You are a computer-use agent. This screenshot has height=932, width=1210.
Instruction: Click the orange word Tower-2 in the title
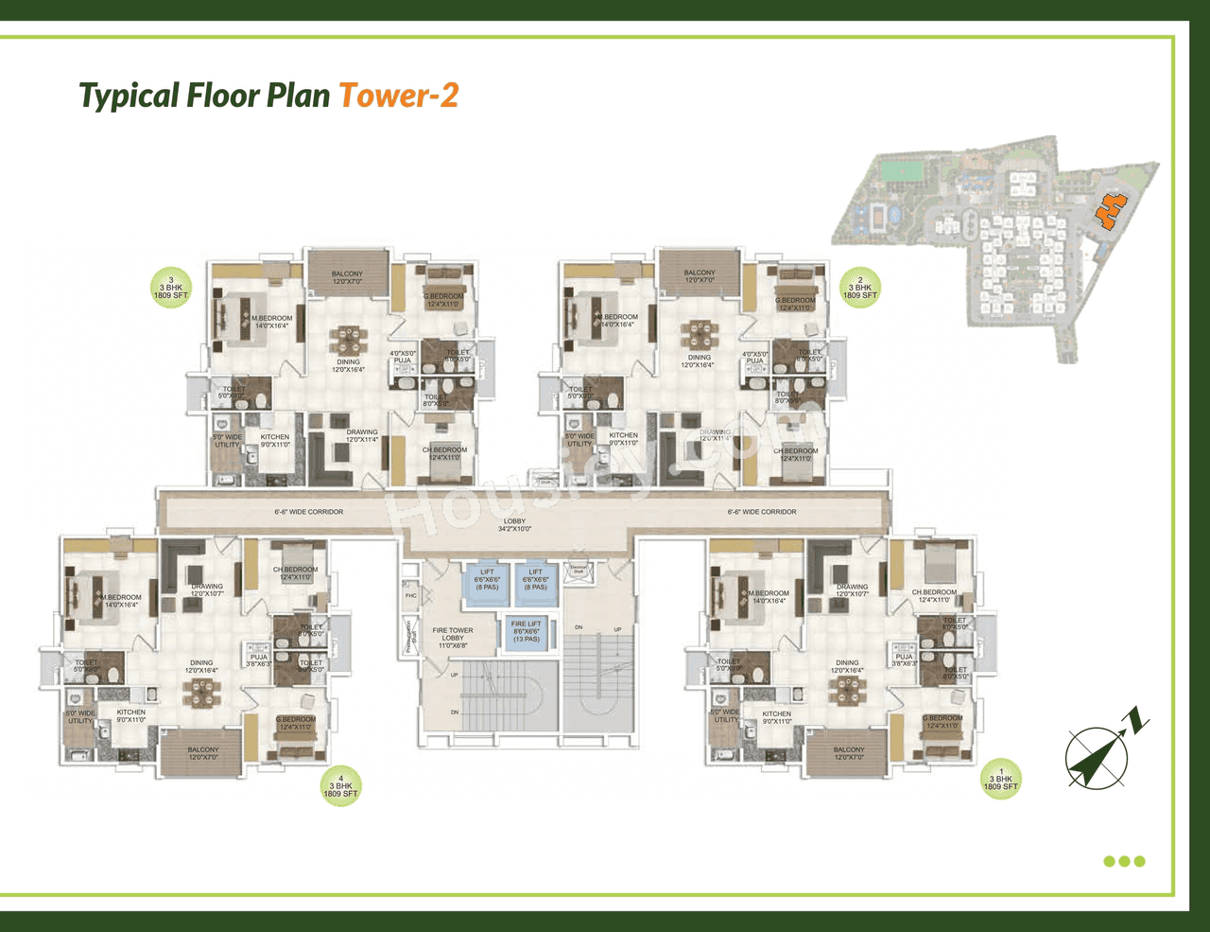pyautogui.click(x=398, y=96)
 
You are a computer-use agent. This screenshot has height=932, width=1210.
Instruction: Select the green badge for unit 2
pyautogui.click(x=859, y=288)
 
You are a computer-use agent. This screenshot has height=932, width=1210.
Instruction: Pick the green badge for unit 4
pyautogui.click(x=341, y=786)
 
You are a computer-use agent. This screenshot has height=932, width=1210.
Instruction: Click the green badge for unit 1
pyautogui.click(x=1000, y=780)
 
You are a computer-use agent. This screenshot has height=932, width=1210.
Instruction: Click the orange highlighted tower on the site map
pyautogui.click(x=1111, y=209)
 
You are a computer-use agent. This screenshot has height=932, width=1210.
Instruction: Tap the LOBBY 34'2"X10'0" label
pyautogui.click(x=514, y=525)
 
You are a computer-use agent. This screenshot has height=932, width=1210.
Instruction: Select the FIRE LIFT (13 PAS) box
pyautogui.click(x=527, y=631)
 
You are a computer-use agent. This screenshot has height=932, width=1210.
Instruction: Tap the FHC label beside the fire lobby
pyautogui.click(x=410, y=596)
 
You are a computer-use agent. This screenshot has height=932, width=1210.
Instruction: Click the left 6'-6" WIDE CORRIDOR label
pyautogui.click(x=309, y=512)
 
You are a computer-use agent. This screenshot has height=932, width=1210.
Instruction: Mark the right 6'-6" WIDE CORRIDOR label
pyautogui.click(x=762, y=512)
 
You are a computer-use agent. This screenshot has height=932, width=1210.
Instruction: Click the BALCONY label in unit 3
pyautogui.click(x=347, y=277)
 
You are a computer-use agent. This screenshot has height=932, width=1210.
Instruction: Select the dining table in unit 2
pyautogui.click(x=700, y=334)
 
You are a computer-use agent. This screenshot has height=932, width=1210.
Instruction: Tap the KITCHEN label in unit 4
pyautogui.click(x=131, y=716)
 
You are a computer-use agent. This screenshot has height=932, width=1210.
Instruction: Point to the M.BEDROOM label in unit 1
pyautogui.click(x=769, y=597)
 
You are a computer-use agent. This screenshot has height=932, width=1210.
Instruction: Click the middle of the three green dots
pyautogui.click(x=1125, y=861)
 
